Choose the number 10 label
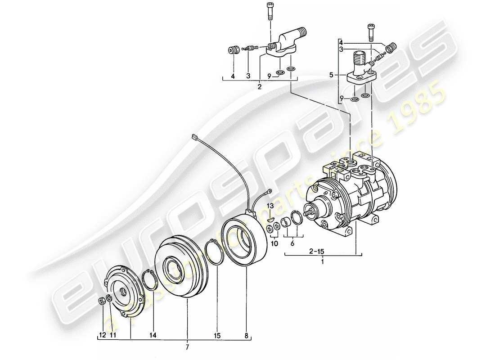274,243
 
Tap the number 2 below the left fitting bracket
260,87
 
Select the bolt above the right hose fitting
371,29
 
